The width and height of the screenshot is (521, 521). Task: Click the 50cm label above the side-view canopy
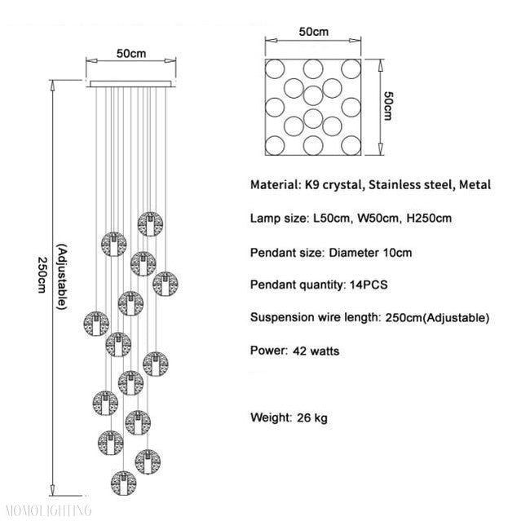point(131,54)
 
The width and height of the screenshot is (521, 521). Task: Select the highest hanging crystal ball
point(148,223)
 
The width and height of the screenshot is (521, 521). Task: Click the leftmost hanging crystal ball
point(95,321)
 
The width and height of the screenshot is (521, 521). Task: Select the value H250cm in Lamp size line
point(425,219)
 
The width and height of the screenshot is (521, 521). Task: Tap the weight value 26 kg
point(313,418)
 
